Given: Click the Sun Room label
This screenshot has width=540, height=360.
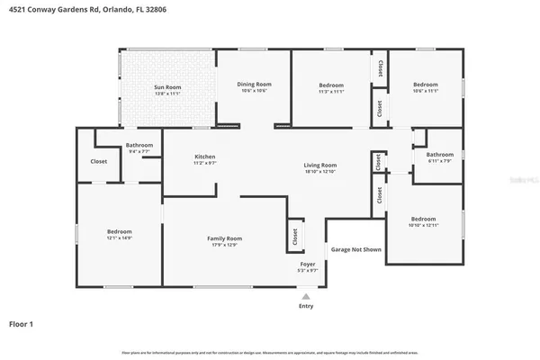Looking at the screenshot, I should click(x=168, y=87).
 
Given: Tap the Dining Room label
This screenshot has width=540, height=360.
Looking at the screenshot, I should click(x=255, y=85).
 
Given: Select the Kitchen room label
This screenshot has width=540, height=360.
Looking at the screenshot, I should click(x=205, y=157).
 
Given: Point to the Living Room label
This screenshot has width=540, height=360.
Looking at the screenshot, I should click(x=319, y=165).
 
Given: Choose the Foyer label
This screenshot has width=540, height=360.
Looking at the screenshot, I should click(x=307, y=264).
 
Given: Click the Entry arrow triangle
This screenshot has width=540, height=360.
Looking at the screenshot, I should click(x=306, y=295).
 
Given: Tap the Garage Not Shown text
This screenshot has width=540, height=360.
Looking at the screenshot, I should click(x=355, y=249).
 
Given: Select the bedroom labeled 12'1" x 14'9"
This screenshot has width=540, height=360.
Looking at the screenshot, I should click(x=120, y=231).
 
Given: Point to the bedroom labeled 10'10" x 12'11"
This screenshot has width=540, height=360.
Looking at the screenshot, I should click(x=423, y=219).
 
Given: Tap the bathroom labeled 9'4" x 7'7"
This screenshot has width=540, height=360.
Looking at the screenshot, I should click(x=139, y=145).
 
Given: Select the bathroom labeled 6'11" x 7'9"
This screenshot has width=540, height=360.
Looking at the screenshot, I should click(x=439, y=154).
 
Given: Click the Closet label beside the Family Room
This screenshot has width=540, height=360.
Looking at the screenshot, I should click(x=294, y=236).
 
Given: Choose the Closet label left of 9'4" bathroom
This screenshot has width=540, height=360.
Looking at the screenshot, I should click(x=99, y=162).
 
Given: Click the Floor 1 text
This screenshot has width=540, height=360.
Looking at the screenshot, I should click(x=22, y=323).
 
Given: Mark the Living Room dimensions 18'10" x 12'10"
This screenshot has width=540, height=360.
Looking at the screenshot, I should click(x=319, y=171).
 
